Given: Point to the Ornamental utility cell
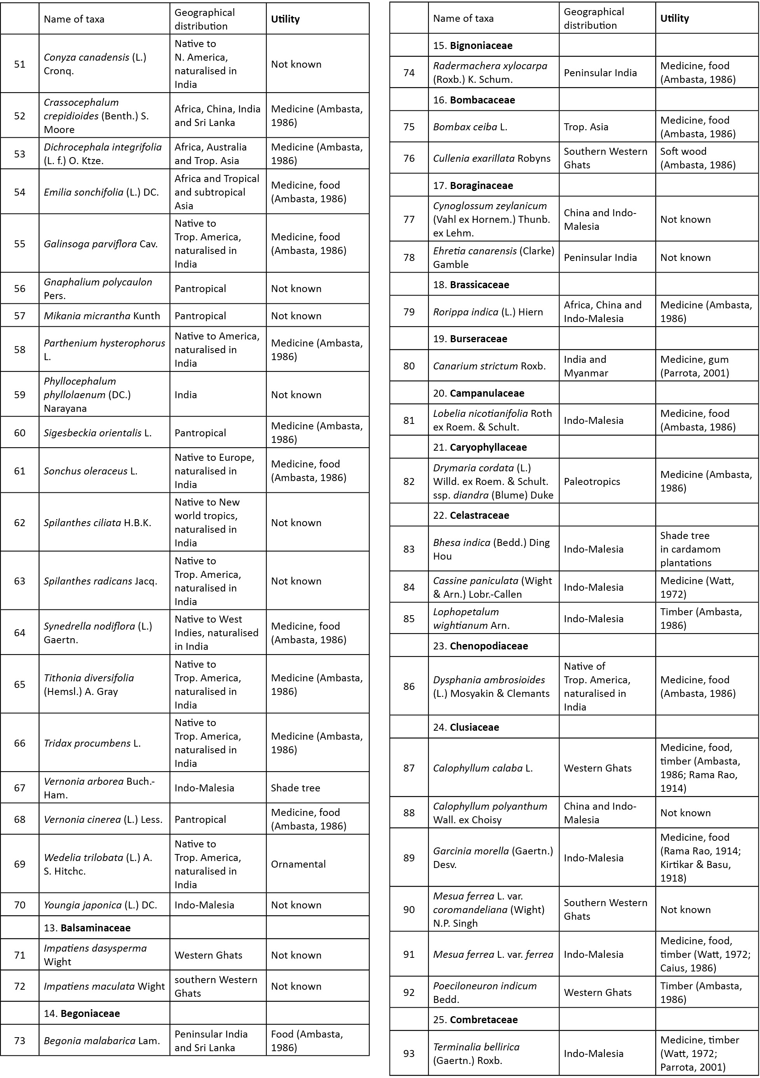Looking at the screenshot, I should coord(298,864).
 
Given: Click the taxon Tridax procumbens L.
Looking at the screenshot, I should coord(92,743).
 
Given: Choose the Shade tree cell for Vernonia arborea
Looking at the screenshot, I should coord(295,788).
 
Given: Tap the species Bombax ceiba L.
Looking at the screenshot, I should coord(470,127).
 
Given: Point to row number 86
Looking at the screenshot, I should coord(409,686).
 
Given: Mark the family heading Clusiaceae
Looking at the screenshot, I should coord(473,727).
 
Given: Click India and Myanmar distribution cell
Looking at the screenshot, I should coord(585,366).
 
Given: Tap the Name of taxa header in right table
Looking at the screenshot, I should coord(463,19).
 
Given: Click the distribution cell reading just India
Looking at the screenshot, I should coord(185,395).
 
